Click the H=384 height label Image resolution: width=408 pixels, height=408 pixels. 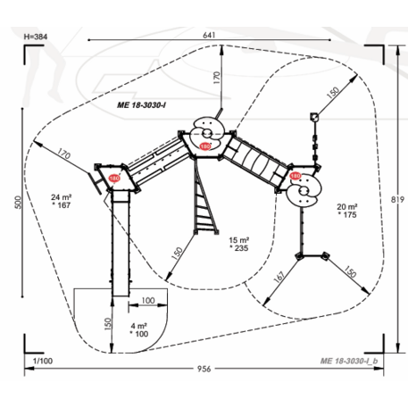point(36,37)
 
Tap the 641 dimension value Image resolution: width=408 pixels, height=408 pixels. point(209,35)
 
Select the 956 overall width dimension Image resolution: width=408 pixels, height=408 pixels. point(204,369)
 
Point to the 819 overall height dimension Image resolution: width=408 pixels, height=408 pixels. point(397,199)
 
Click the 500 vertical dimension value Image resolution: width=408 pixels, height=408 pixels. point(19,203)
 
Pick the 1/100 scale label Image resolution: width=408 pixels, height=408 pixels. point(43,361)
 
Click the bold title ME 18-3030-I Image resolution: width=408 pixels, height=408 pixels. point(141,105)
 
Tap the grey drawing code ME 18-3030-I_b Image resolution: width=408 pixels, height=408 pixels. point(349,361)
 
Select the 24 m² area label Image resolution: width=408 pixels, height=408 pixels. point(61,197)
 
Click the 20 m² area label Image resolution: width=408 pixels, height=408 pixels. point(347,206)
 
